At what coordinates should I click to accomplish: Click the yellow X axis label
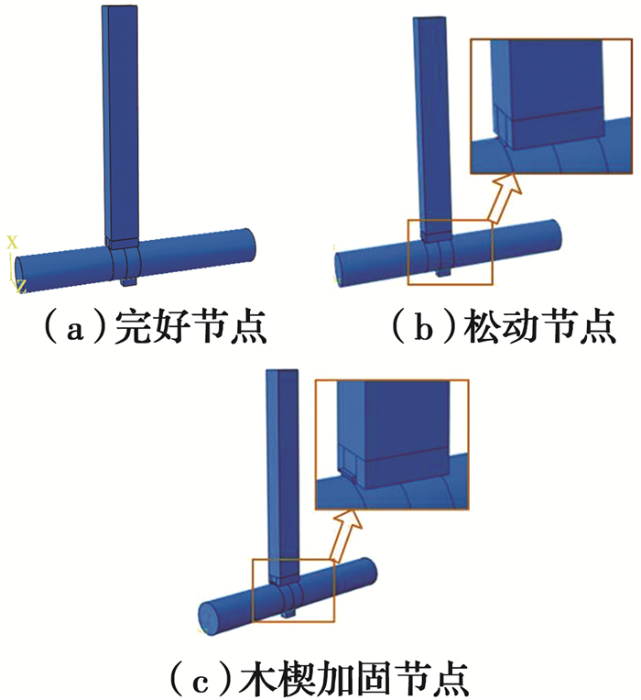pyautogui.click(x=12, y=243)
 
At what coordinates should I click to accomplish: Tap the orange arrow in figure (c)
pyautogui.click(x=346, y=535)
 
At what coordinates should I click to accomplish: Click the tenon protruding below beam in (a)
pyautogui.click(x=128, y=281)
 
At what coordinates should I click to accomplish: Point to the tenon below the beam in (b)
pyautogui.click(x=443, y=272)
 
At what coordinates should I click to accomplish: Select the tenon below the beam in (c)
pyautogui.click(x=288, y=614)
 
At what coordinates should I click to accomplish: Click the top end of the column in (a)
pyautogui.click(x=119, y=7)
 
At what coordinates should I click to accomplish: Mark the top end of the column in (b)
pyautogui.click(x=429, y=18)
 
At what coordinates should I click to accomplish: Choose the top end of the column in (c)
pyautogui.click(x=281, y=371)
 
